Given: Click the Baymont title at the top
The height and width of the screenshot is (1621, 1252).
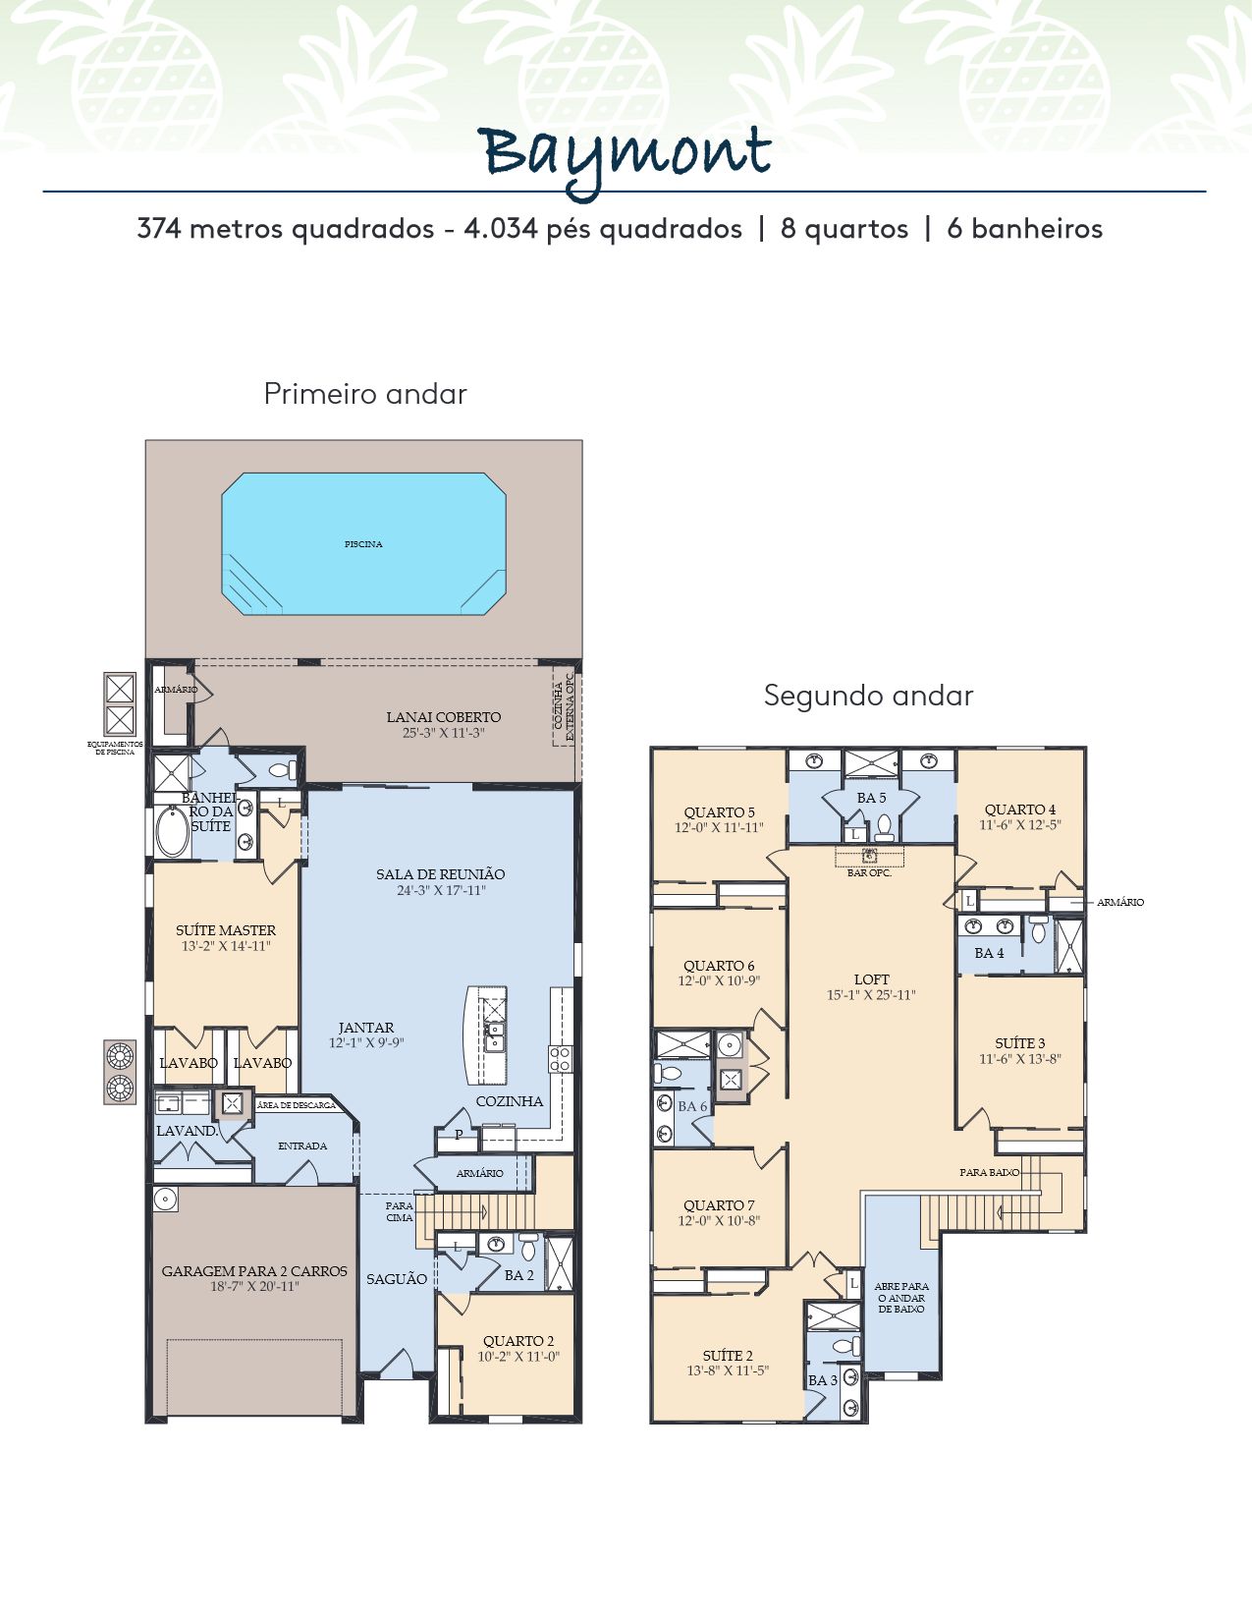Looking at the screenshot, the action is point(625,157).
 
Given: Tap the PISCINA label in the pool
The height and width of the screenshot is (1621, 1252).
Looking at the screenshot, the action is point(363,544).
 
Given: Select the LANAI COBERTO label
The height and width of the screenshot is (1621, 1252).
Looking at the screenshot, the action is point(444,717).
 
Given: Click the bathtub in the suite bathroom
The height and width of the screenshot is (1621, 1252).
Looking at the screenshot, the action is point(172,831).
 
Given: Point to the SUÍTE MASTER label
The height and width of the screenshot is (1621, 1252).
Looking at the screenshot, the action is point(226,930).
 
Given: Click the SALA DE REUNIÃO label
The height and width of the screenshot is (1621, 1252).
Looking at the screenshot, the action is point(441,874).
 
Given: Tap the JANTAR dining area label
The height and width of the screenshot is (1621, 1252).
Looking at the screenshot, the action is point(366,1028).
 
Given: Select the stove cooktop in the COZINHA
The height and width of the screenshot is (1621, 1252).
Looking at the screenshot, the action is point(560,1058).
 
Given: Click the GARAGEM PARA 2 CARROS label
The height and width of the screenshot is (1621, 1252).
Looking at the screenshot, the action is point(254,1271).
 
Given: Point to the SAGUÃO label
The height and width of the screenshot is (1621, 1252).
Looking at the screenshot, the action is point(397,1279).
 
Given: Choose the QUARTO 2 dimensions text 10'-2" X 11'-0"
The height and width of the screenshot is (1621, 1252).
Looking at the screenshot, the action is point(518,1357).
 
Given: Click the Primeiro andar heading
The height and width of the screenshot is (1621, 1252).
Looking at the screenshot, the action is point(365,393).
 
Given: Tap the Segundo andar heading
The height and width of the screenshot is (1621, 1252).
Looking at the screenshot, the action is point(869,696).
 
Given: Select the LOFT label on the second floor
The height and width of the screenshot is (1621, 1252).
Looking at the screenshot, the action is point(872,979).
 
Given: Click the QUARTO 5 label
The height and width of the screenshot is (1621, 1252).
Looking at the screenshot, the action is point(720,812).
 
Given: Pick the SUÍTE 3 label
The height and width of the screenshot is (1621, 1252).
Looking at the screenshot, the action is point(1020,1043).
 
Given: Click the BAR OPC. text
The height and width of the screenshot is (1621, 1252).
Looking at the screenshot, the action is point(869,872).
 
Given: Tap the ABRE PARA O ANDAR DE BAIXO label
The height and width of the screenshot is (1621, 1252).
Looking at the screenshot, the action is point(901,1297).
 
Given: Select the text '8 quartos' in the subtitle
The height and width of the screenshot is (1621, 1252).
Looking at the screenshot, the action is point(844,228).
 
